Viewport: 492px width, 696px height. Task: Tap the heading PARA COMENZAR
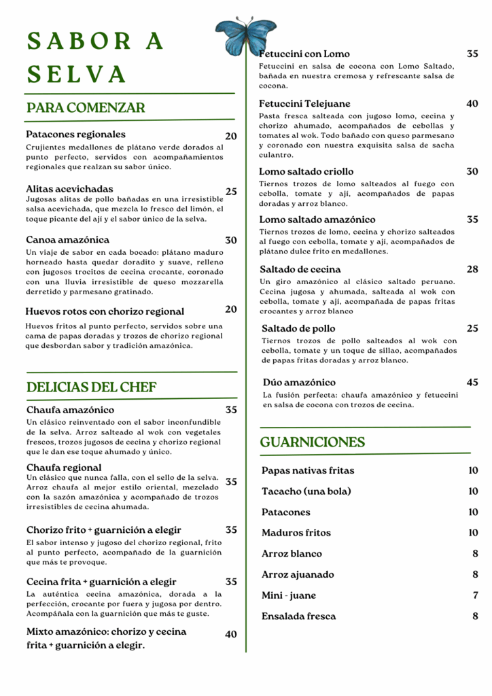[86, 107]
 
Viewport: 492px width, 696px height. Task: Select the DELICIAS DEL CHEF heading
[92, 387]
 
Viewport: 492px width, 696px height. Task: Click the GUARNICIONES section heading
[313, 442]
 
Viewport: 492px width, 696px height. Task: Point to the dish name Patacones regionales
[75, 135]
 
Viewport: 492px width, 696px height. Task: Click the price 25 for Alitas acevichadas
[231, 192]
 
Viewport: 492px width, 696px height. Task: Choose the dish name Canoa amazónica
[67, 240]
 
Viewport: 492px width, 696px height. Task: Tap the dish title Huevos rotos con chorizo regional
[105, 312]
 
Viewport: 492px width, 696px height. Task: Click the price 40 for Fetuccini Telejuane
[472, 104]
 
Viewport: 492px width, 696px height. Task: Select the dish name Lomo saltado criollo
[306, 171]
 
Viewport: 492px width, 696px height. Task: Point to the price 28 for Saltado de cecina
[472, 269]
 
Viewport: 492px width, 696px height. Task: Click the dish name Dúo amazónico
[299, 383]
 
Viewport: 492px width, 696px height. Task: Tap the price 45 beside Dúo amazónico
[472, 383]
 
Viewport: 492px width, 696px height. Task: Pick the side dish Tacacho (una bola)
[306, 491]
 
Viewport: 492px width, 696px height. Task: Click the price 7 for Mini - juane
[475, 595]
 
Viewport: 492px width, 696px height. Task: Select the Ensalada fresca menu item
[298, 616]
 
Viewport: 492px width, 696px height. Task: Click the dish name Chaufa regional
[64, 468]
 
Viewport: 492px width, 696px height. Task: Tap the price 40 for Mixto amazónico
[231, 634]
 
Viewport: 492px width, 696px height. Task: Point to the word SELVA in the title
[77, 73]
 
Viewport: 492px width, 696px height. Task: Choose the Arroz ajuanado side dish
[298, 575]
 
